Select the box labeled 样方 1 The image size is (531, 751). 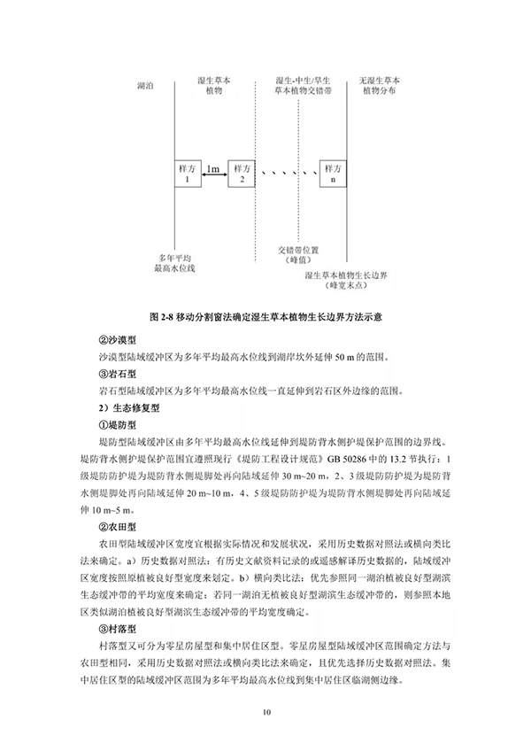[x=189, y=174]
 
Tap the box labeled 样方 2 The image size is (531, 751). [x=241, y=174]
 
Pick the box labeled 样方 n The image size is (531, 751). [x=333, y=174]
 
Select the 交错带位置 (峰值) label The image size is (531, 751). [x=296, y=255]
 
